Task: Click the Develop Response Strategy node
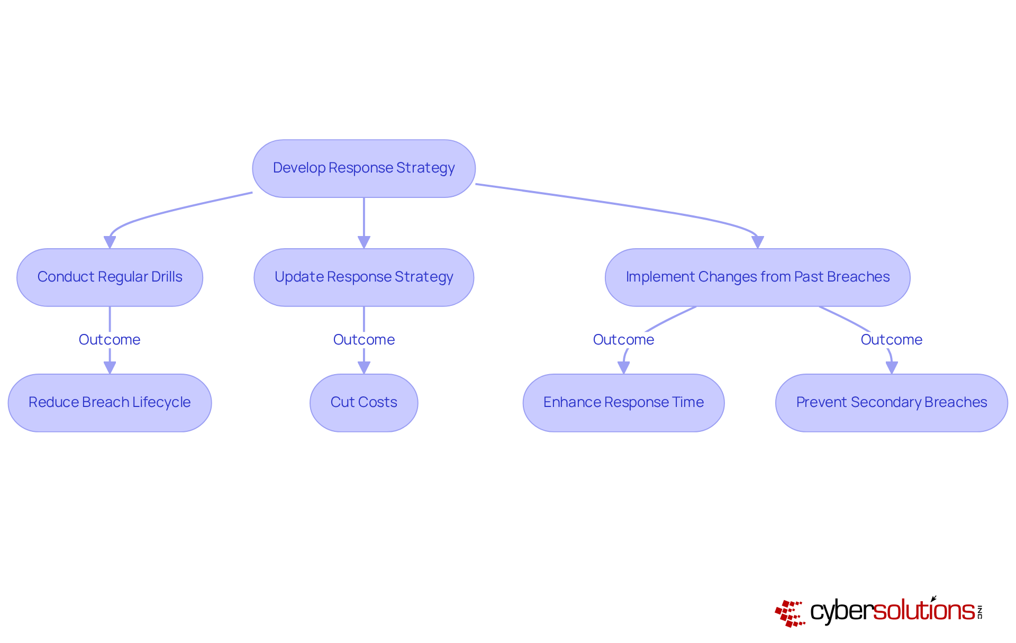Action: pos(364,168)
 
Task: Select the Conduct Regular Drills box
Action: pos(110,277)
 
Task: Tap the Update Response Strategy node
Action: pos(364,277)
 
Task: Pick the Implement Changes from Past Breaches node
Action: pos(757,277)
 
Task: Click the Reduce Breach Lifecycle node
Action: pos(110,403)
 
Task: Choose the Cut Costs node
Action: pos(364,403)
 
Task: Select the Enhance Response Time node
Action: pos(623,403)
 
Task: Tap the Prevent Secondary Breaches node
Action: pos(891,403)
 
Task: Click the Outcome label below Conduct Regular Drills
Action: pos(110,340)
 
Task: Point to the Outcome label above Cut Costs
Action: pos(364,340)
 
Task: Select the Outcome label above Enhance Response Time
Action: pos(623,340)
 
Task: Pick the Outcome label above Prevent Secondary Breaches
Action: pos(891,340)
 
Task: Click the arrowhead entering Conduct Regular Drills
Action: pos(110,242)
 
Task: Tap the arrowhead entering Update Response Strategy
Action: pos(364,242)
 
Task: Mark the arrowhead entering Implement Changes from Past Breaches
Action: pos(757,242)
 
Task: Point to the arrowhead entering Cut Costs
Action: pos(364,368)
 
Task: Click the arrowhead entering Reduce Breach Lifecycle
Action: pos(110,368)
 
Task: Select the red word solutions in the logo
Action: pos(923,611)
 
